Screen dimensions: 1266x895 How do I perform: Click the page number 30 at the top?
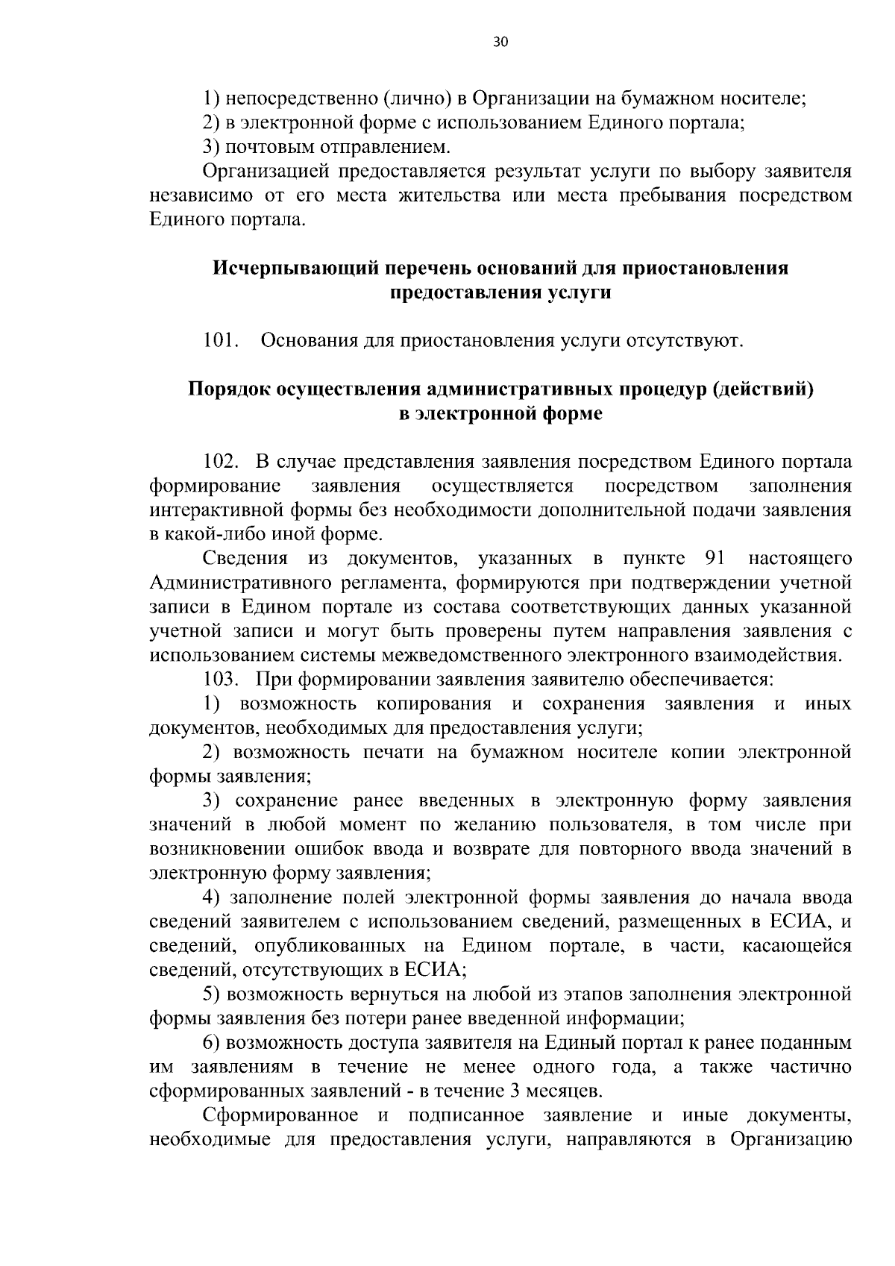pyautogui.click(x=500, y=43)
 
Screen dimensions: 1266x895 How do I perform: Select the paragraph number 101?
pyautogui.click(x=221, y=342)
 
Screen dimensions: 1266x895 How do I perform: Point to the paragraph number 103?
pyautogui.click(x=221, y=680)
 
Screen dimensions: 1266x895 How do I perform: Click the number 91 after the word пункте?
pyautogui.click(x=716, y=559)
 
